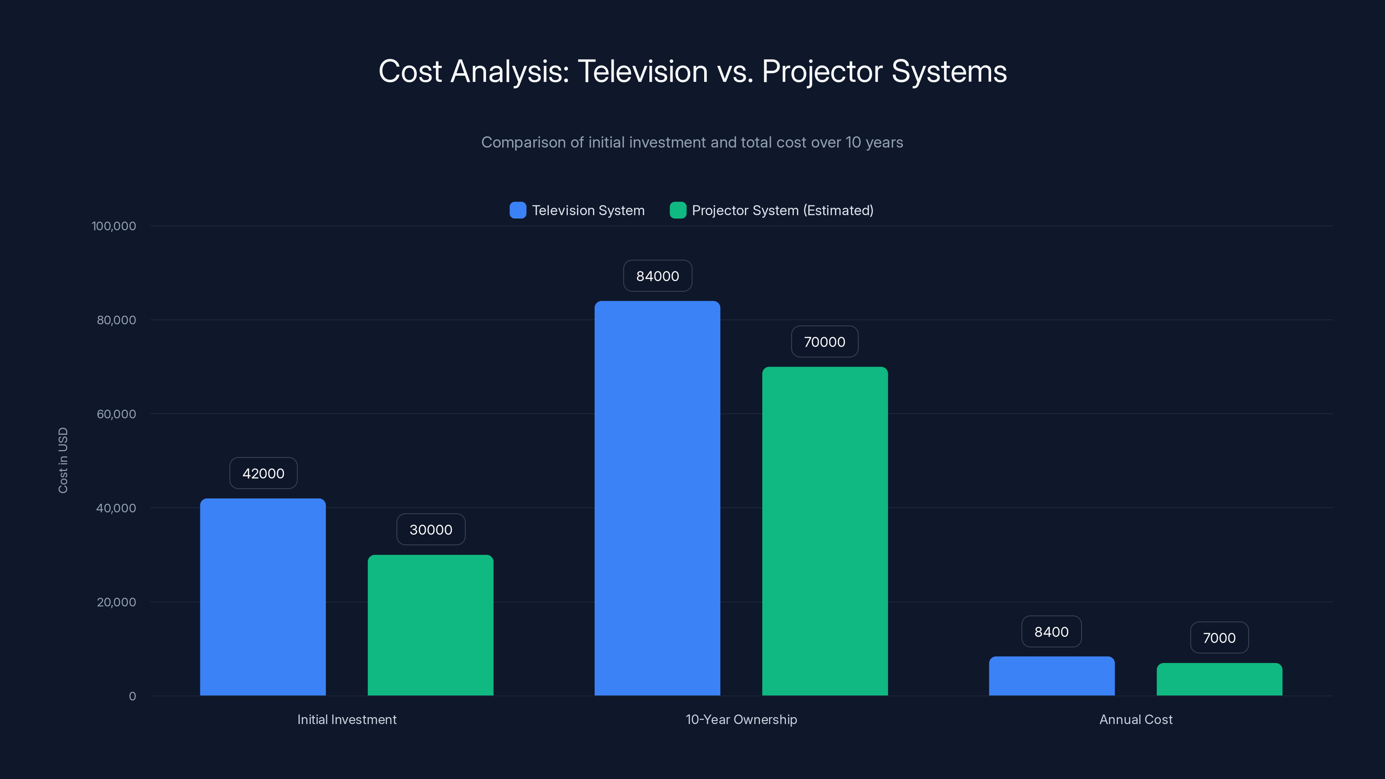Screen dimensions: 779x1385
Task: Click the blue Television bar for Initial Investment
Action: click(263, 597)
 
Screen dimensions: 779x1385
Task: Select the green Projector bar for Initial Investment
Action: click(430, 624)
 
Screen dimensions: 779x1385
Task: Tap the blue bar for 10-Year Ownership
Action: click(657, 498)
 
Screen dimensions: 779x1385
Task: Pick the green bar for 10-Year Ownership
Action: click(825, 531)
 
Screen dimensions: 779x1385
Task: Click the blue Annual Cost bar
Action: click(1052, 676)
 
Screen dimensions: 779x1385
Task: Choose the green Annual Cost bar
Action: click(1219, 679)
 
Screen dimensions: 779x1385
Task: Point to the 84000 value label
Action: click(657, 276)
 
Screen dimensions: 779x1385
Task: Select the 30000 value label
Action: click(431, 530)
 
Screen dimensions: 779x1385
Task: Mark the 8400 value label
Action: click(1052, 632)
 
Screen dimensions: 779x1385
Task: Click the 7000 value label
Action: click(1219, 637)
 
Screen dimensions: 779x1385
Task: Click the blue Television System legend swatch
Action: click(518, 210)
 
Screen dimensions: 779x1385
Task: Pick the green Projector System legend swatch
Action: click(678, 210)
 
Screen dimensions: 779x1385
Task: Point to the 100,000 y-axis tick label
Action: click(113, 226)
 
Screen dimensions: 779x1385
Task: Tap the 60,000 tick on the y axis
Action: click(116, 414)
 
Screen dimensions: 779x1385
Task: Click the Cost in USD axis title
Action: click(63, 460)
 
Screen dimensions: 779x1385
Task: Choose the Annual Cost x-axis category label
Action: click(1136, 719)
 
